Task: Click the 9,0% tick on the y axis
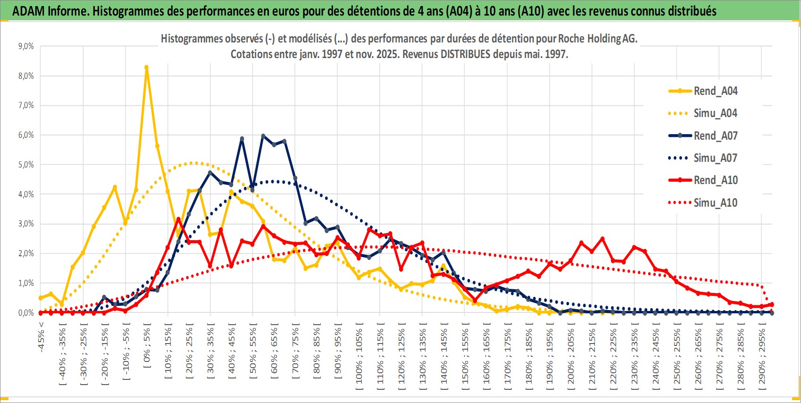(x=26, y=46)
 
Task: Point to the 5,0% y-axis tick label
(x=26, y=165)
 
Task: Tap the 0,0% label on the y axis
(x=26, y=313)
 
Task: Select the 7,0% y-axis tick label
(x=26, y=105)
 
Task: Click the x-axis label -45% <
(x=42, y=337)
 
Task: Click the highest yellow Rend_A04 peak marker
(x=146, y=67)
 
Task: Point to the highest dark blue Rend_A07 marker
(x=263, y=136)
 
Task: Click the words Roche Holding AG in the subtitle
(x=597, y=39)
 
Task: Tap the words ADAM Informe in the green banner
(x=50, y=11)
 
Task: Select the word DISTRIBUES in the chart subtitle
(x=465, y=54)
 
